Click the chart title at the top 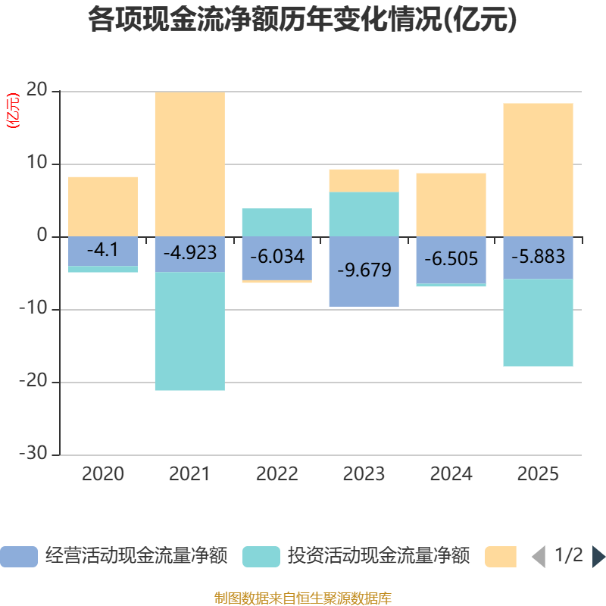[x=303, y=20]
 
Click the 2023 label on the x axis [x=364, y=474]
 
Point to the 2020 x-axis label [x=103, y=474]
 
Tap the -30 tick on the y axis [x=33, y=454]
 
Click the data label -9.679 [x=364, y=270]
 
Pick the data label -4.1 [x=103, y=248]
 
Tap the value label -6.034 [x=277, y=256]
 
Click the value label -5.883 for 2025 [x=538, y=257]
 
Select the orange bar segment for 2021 [x=190, y=164]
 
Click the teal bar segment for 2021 [x=190, y=331]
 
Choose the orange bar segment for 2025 [x=538, y=170]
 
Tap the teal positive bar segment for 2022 [x=277, y=222]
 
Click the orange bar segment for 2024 [x=451, y=205]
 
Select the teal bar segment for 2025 [x=538, y=323]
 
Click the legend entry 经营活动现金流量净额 [x=114, y=556]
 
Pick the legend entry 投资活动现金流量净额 [x=356, y=556]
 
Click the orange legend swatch [x=500, y=556]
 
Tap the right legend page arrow [x=598, y=557]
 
